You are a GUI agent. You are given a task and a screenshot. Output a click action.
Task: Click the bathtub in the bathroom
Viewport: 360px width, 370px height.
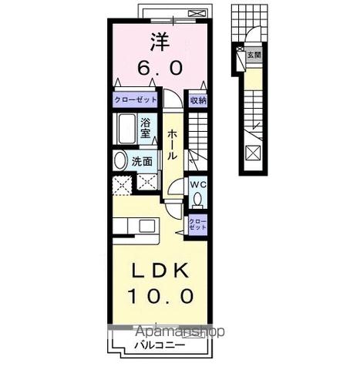pos(126,128)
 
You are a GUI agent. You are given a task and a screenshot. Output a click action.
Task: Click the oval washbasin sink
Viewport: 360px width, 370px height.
pos(120,161)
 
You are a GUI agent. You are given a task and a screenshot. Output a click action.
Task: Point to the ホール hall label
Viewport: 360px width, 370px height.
pos(173,144)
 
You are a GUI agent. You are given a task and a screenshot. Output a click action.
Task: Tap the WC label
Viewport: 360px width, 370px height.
pos(197,185)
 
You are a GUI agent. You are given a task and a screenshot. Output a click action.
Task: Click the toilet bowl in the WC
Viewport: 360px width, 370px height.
pos(197,200)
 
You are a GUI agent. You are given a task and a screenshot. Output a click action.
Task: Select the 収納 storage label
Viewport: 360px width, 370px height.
pos(197,100)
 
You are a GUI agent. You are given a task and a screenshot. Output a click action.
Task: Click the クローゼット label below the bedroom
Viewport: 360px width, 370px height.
pos(136,100)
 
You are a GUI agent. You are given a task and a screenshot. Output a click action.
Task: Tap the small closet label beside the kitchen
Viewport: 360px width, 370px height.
pos(197,224)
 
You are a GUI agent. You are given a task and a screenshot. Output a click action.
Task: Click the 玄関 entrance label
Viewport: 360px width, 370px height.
pos(254,55)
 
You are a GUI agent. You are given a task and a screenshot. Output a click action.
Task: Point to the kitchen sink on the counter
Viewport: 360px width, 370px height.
pos(146,226)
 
